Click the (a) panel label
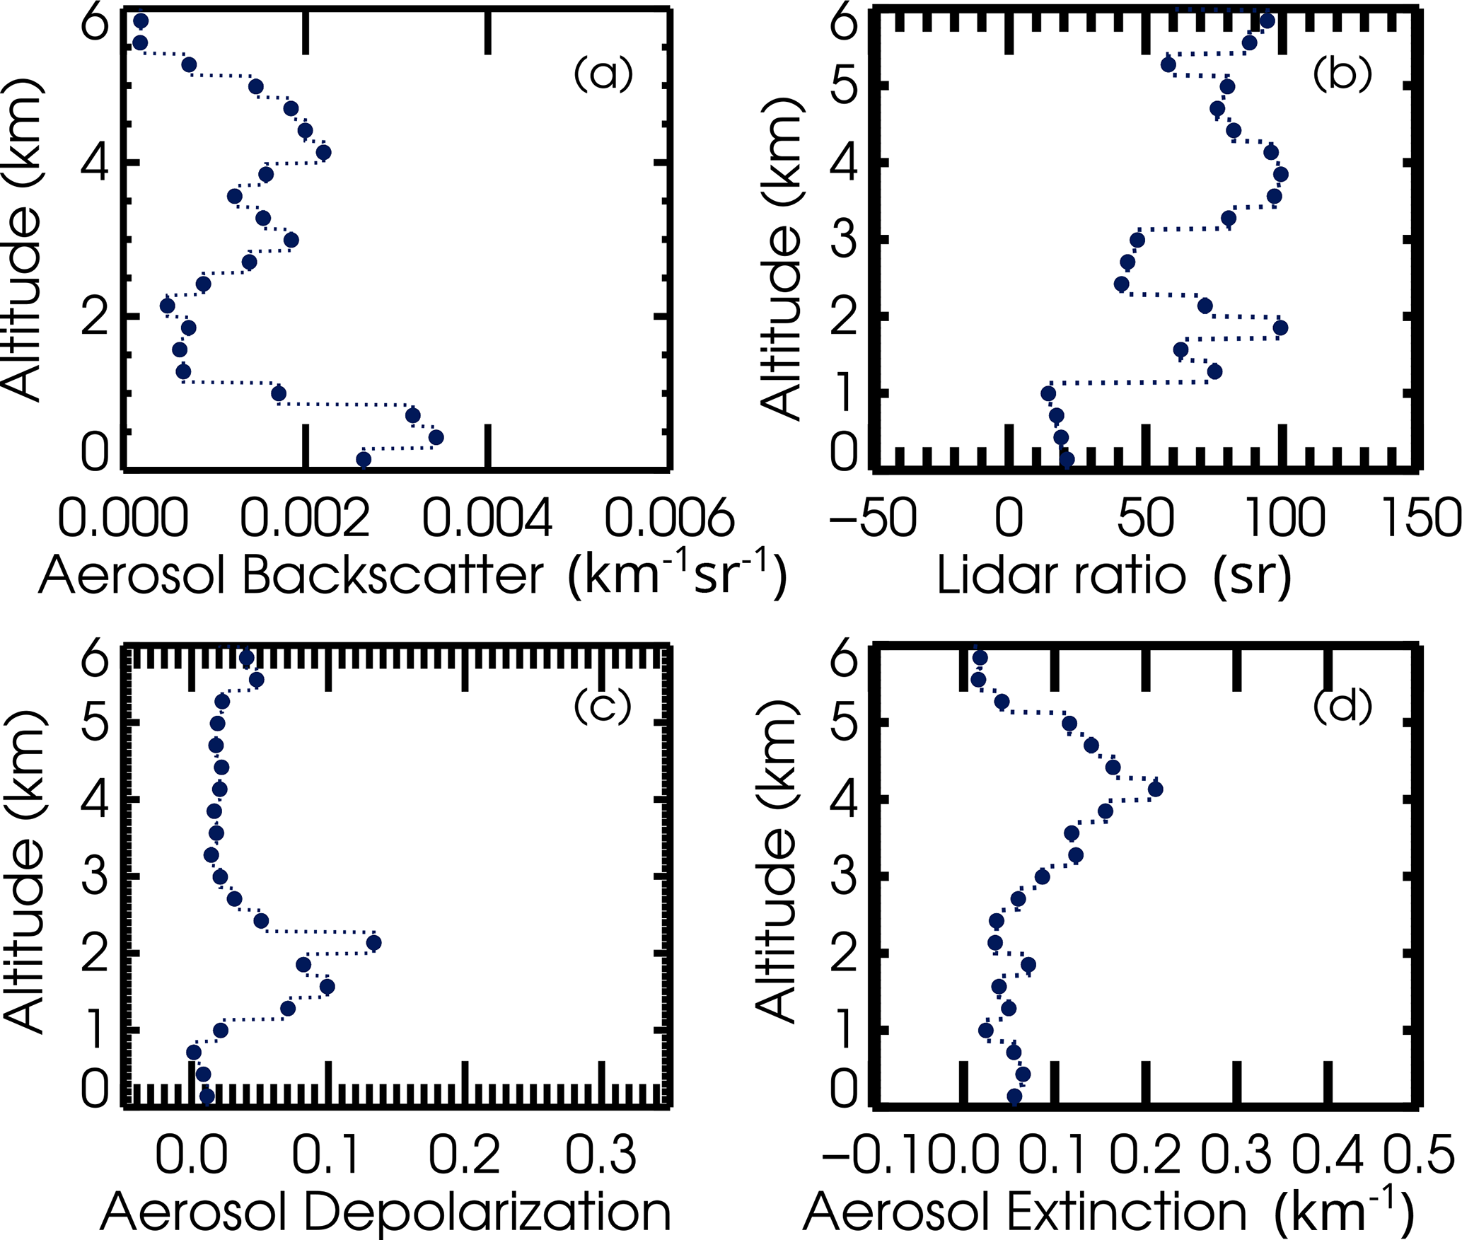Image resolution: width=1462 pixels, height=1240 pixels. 603,74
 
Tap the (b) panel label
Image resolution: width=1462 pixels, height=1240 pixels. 1342,74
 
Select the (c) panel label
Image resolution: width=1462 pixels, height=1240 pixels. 603,705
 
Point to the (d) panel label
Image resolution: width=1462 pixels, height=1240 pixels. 1342,705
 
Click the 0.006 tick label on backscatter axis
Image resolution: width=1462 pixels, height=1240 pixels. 669,518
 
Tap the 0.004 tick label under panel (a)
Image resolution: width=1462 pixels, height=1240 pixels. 487,518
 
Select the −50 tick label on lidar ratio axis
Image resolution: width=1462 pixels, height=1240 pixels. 873,518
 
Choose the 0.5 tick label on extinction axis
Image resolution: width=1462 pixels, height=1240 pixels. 1419,1154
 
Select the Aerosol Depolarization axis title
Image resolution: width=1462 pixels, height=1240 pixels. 385,1212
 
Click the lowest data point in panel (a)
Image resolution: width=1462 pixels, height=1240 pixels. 364,460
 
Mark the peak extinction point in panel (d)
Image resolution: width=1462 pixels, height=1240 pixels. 1155,789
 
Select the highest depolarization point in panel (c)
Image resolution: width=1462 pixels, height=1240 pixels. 373,943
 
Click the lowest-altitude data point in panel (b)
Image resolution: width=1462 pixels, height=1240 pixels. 1067,460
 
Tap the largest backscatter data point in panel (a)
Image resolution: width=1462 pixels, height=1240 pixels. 436,437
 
